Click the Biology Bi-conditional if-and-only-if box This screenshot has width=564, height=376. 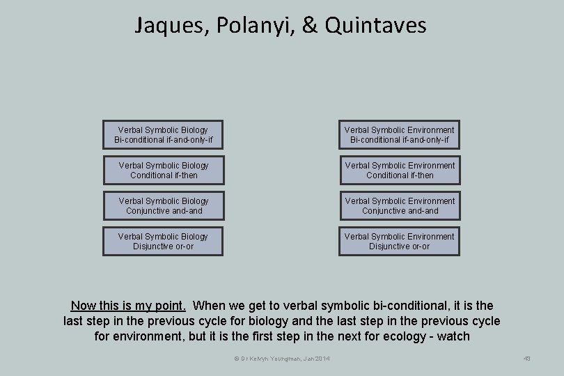(164, 135)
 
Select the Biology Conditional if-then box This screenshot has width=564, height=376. (164, 171)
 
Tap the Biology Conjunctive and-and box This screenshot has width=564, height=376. (164, 206)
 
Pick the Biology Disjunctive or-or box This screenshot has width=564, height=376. (164, 242)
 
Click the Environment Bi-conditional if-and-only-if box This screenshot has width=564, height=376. (400, 135)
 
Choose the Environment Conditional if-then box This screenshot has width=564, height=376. (400, 171)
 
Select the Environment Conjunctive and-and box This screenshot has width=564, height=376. (400, 206)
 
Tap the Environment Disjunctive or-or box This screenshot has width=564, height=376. (400, 242)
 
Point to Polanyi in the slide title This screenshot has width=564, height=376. (243, 26)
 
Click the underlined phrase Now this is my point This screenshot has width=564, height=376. (128, 306)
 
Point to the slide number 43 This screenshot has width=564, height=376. (526, 359)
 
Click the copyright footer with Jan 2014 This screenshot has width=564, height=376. (282, 359)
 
